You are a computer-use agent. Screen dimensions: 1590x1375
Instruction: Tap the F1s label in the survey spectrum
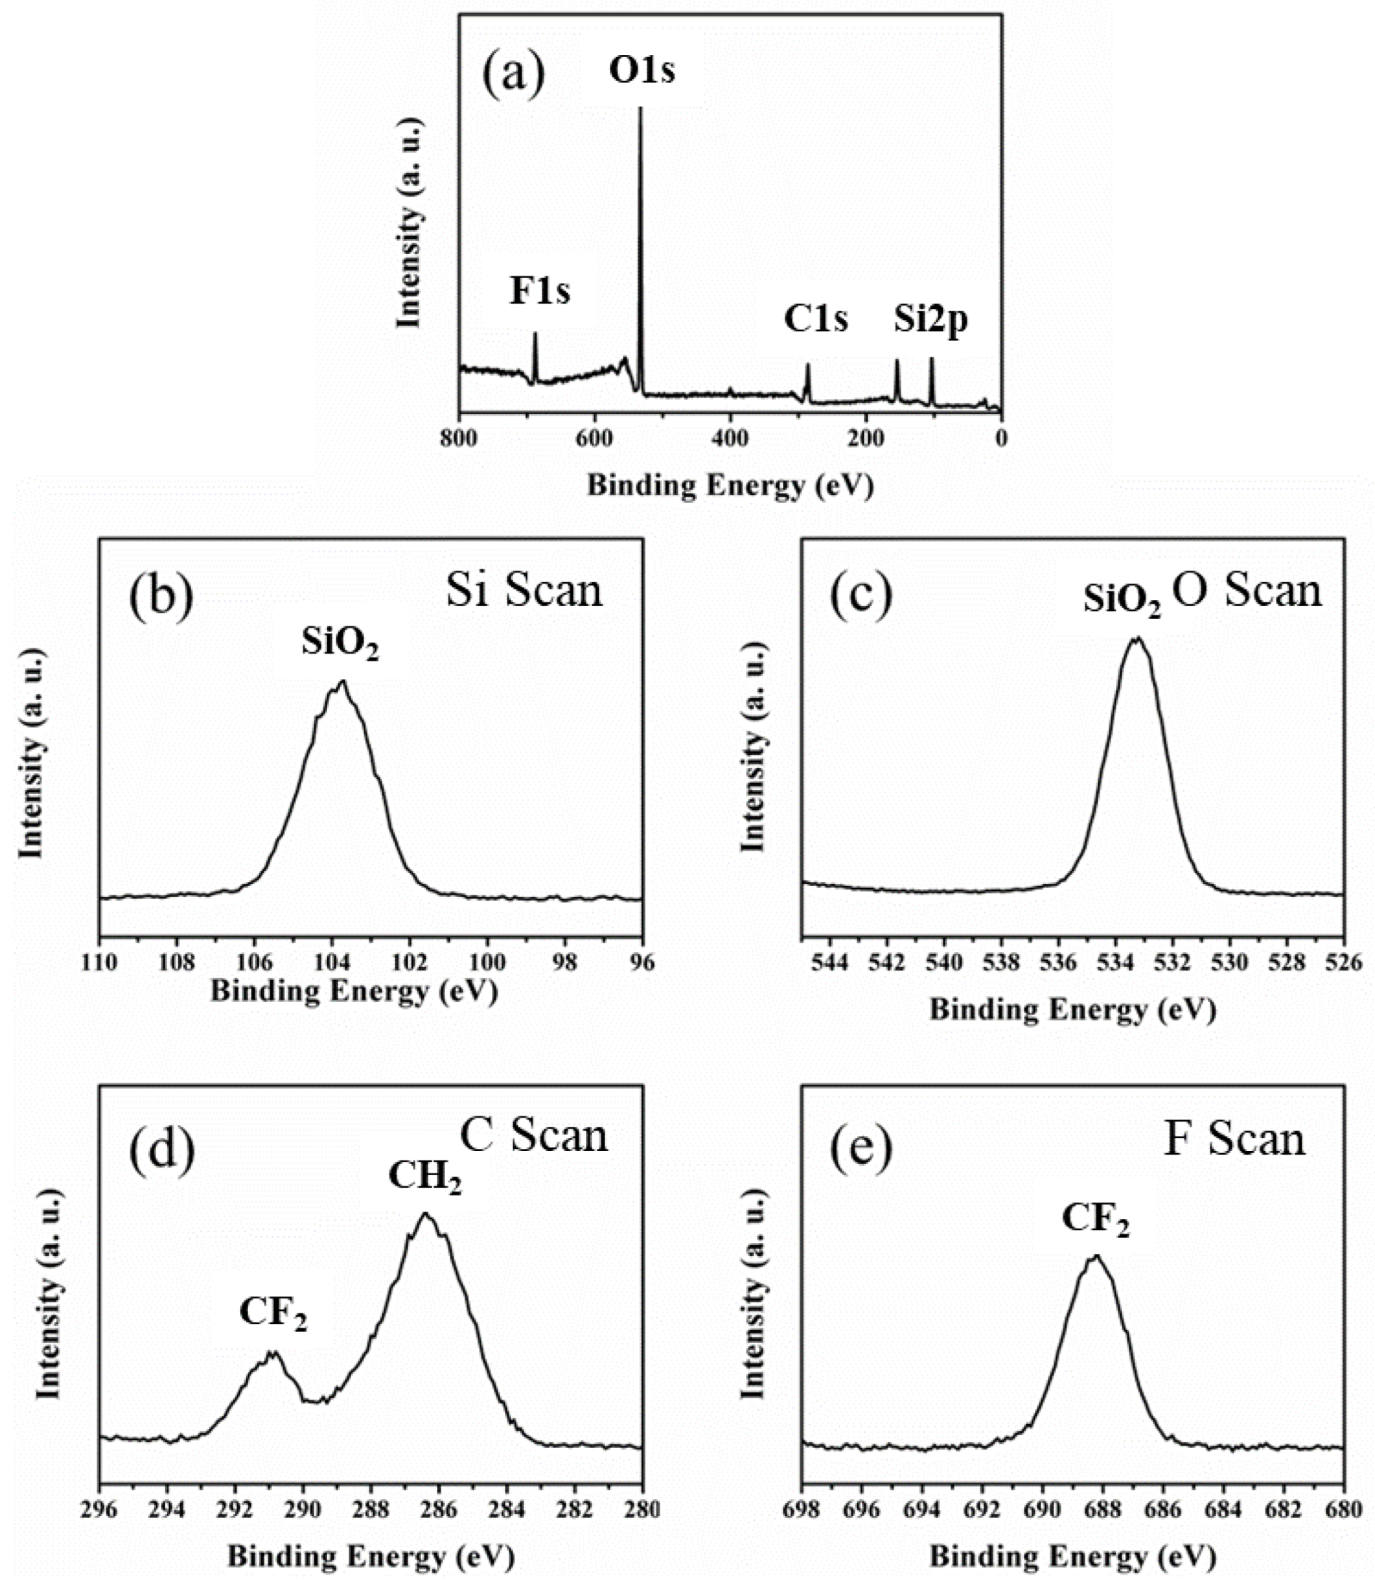point(540,292)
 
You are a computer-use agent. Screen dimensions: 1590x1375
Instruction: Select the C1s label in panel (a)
point(815,319)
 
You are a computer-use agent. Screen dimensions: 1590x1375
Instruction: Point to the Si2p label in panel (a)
point(930,320)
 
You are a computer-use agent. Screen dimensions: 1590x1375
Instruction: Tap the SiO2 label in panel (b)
point(340,643)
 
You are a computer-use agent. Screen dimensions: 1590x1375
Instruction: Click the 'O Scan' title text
point(1247,591)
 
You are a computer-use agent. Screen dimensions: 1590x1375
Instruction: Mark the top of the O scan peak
point(1136,639)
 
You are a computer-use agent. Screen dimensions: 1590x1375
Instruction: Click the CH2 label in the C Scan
point(425,1177)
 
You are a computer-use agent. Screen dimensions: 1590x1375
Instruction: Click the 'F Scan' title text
point(1234,1140)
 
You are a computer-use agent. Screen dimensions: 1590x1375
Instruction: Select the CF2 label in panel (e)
point(1096,1218)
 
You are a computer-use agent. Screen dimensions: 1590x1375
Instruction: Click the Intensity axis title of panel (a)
point(410,223)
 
